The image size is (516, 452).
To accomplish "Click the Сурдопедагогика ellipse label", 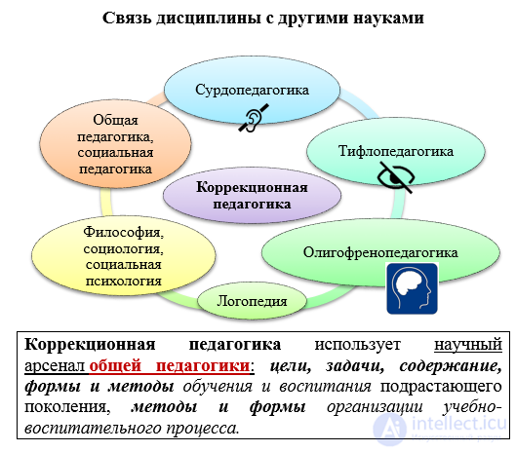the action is point(252,90).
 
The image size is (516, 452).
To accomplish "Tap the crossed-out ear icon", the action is point(254,118).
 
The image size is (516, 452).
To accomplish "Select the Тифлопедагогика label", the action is point(396,151).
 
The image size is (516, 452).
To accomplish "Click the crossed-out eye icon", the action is point(396,177).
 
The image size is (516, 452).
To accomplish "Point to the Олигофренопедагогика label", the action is point(380,252).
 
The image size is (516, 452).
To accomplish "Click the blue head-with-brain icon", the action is point(412,288).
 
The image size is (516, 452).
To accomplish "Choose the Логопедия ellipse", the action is point(252,300).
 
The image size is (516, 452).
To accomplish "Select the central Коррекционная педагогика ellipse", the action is point(252,196).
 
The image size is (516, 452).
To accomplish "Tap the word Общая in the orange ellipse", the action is point(115,120).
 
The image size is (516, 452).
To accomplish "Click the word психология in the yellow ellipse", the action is point(124,282).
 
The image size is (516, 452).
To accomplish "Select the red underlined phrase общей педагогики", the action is point(170,365).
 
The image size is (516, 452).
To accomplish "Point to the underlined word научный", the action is point(468,345).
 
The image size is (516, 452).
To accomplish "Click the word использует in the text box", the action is point(357,345).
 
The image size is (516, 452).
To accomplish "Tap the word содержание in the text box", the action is point(451,366).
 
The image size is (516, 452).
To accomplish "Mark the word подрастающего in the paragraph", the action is point(441,387).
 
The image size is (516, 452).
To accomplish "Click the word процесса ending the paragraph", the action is point(202,429).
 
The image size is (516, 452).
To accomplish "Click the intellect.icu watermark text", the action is point(458,423).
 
